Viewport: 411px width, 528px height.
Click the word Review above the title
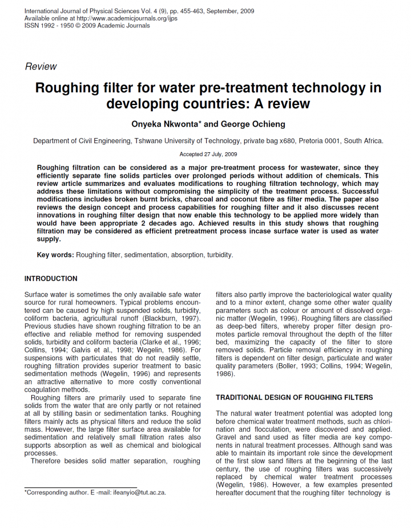41,66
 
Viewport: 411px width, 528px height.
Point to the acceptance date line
208,154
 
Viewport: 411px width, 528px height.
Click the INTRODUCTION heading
51,279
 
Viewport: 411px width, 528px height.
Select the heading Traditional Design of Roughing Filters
294,397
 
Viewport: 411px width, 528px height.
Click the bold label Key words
55,255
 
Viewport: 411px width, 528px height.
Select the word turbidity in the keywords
219,255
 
